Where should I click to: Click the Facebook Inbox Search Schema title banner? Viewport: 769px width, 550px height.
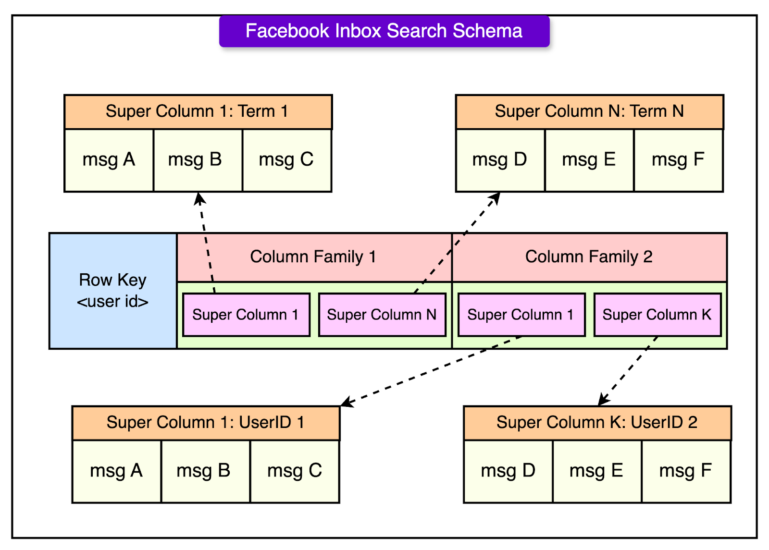[384, 31]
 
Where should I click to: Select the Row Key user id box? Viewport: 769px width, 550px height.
[113, 291]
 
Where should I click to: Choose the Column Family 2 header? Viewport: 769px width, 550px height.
[589, 257]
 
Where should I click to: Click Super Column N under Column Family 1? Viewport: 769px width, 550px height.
[382, 315]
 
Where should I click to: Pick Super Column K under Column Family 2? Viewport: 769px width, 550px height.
[657, 315]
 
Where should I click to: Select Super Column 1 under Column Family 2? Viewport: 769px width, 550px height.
[521, 315]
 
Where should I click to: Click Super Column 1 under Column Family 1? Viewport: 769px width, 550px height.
[246, 315]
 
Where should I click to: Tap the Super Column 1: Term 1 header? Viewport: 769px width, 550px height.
[198, 111]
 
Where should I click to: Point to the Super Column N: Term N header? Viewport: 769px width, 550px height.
[589, 111]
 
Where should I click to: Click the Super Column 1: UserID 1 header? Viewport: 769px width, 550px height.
[206, 423]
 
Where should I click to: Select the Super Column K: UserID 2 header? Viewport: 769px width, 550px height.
[597, 423]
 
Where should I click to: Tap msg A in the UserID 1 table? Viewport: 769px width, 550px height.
[116, 471]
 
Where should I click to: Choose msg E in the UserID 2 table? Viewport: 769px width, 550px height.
[596, 471]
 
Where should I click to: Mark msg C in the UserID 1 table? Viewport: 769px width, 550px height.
[294, 471]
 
